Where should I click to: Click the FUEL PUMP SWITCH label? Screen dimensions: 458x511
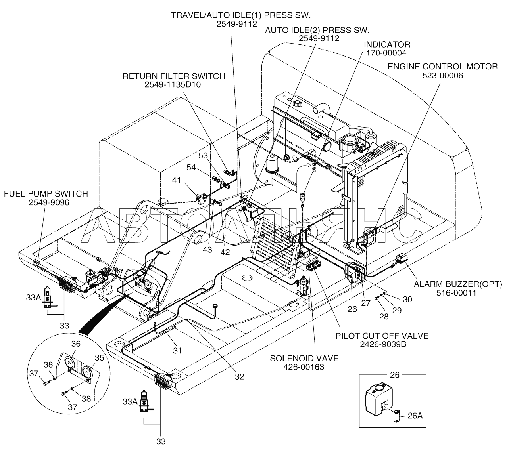point(46,194)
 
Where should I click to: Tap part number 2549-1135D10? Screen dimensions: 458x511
point(173,84)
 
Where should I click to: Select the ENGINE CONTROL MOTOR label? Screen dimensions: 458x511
point(442,67)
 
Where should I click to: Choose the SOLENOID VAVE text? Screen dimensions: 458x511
point(304,358)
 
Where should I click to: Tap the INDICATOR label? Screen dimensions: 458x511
point(387,44)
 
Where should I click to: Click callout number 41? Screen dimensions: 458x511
point(176,181)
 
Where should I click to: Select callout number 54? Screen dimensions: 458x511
point(191,168)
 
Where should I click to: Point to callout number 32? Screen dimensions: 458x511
point(239,377)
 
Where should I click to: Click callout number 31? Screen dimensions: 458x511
point(177,350)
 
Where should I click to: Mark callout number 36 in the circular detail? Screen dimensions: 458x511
point(76,343)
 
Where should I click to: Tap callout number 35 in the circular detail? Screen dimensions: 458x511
point(99,357)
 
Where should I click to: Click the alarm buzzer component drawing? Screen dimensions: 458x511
point(403,260)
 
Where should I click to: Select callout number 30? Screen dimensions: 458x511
point(407,300)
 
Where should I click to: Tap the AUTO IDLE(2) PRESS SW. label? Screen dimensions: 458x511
point(317,30)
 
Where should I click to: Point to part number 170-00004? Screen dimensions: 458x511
point(386,53)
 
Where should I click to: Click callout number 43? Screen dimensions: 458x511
point(207,250)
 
